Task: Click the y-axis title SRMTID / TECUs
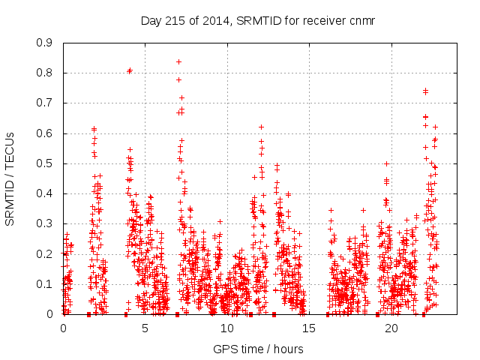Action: click(x=10, y=178)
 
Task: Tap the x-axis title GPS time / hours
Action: click(x=259, y=349)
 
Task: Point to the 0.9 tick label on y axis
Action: click(x=46, y=43)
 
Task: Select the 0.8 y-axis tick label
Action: click(x=46, y=73)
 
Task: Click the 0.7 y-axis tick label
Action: click(x=46, y=103)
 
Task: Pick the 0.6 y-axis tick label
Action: click(x=46, y=133)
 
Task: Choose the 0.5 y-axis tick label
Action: click(x=46, y=163)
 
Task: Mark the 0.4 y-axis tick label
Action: click(x=46, y=193)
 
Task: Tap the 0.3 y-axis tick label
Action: click(x=46, y=223)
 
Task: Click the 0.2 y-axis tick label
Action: click(x=46, y=253)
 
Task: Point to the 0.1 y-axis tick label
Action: click(x=46, y=284)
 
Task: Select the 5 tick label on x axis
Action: click(x=145, y=328)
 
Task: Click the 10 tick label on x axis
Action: click(x=227, y=328)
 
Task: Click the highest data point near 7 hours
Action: click(x=178, y=61)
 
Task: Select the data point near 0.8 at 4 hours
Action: click(x=130, y=70)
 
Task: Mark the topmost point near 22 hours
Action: click(x=425, y=91)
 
